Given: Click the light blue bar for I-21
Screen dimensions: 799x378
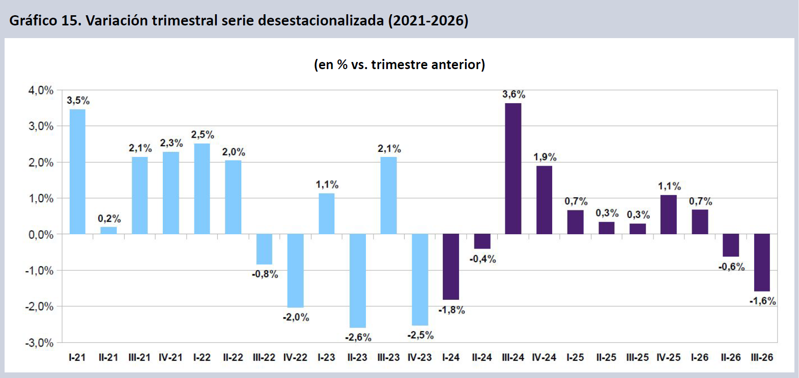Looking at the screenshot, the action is pyautogui.click(x=77, y=172).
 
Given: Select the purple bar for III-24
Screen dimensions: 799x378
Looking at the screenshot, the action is pyautogui.click(x=513, y=169).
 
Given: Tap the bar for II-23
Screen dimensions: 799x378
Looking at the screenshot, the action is pyautogui.click(x=358, y=280).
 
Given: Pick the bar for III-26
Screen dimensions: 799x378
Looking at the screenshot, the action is pyautogui.click(x=762, y=263).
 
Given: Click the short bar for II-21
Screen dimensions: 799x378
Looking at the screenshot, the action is pyautogui.click(x=108, y=231).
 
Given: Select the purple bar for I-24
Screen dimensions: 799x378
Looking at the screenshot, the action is pyautogui.click(x=451, y=267).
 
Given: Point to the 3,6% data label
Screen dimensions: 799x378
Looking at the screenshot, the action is pyautogui.click(x=514, y=94).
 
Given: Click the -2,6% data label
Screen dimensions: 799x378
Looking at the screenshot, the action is pyautogui.click(x=358, y=337).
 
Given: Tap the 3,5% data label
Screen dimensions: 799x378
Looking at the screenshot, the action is pyautogui.click(x=78, y=101).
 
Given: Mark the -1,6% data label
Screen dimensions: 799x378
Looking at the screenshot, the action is pyautogui.click(x=763, y=301).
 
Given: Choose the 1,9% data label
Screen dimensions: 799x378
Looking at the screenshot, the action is pyautogui.click(x=545, y=156).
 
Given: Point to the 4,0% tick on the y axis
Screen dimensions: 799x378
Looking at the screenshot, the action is pyautogui.click(x=41, y=90).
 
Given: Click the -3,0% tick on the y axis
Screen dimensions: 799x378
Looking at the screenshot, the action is pyautogui.click(x=39, y=343).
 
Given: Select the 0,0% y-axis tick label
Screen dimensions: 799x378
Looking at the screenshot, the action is pyautogui.click(x=41, y=235).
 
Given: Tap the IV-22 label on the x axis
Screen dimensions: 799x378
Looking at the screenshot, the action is pyautogui.click(x=295, y=357).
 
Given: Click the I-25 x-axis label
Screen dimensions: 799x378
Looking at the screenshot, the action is pyautogui.click(x=576, y=357).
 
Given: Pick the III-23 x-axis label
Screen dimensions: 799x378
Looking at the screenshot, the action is pyautogui.click(x=389, y=357).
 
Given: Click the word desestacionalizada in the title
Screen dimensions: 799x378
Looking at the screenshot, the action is pyautogui.click(x=320, y=21).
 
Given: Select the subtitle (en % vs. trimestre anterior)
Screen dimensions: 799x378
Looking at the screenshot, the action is pyautogui.click(x=399, y=65).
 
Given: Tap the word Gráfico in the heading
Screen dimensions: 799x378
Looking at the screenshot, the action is pyautogui.click(x=33, y=21).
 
